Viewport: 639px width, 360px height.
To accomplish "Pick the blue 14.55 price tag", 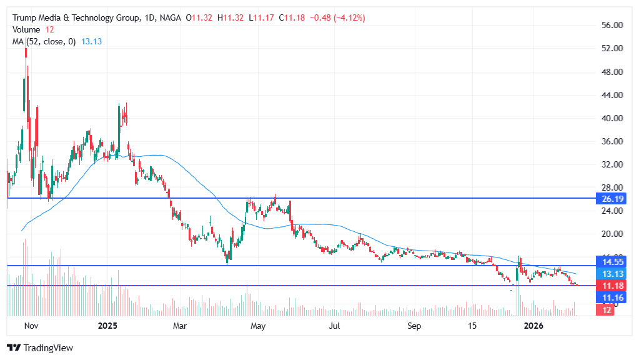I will click(610, 262).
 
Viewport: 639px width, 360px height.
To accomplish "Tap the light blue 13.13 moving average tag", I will click(610, 274).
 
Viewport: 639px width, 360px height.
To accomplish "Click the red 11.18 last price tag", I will click(610, 286).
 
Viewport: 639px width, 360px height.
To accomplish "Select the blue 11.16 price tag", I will click(610, 298).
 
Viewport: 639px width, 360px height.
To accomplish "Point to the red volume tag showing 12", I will click(607, 310).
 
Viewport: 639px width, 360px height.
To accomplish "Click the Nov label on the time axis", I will click(31, 326).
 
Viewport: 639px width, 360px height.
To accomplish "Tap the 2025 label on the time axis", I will click(108, 326).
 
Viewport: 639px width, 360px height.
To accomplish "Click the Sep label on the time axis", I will click(413, 326).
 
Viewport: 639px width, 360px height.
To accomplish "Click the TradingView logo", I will click(40, 348).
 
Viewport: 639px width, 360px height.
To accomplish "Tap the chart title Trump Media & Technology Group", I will click(76, 18).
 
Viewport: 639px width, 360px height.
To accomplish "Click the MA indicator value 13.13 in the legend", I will click(92, 41).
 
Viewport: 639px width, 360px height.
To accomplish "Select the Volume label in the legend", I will click(26, 29).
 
